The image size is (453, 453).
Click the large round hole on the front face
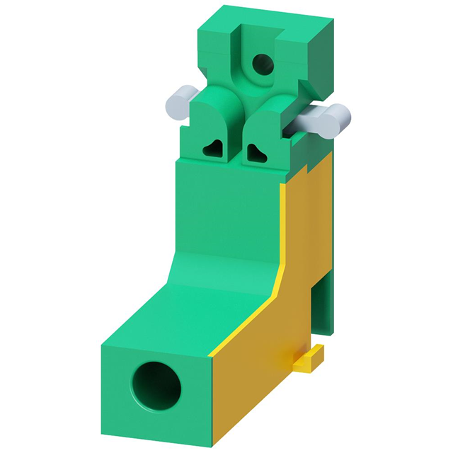point(156,387)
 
